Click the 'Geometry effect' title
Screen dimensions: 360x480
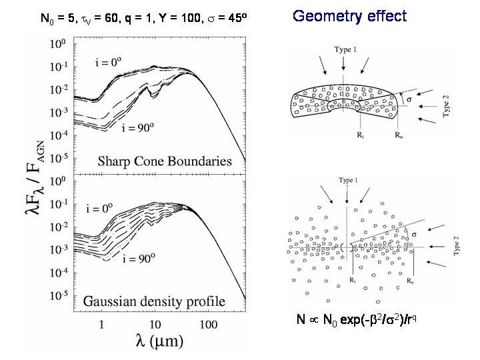[349, 16]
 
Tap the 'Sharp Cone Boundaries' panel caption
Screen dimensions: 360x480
[165, 161]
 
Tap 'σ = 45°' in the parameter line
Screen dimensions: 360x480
[226, 17]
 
